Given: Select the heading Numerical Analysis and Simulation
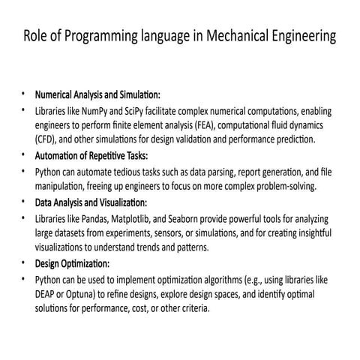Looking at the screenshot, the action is pyautogui.click(x=97, y=96).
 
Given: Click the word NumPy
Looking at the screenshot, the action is pyautogui.click(x=88, y=112).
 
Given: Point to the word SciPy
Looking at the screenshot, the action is pyautogui.click(x=131, y=112).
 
